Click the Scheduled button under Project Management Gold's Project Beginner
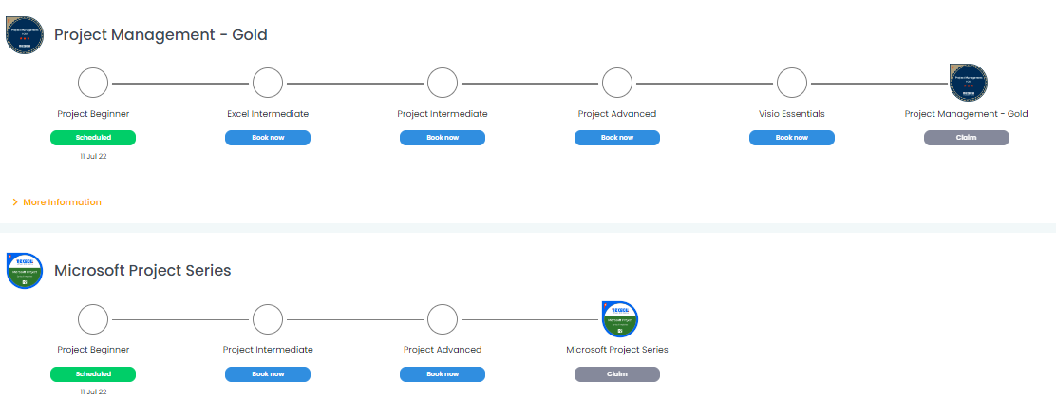pyautogui.click(x=93, y=138)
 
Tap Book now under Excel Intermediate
pyautogui.click(x=268, y=138)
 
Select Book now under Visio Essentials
pyautogui.click(x=792, y=138)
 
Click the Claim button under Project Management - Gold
pyautogui.click(x=967, y=138)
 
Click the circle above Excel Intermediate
pyautogui.click(x=268, y=83)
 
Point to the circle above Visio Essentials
pyautogui.click(x=792, y=83)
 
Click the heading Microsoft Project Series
pyautogui.click(x=142, y=271)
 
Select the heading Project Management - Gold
pyautogui.click(x=160, y=35)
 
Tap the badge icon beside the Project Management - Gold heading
pyautogui.click(x=25, y=35)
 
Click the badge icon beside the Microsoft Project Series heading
pyautogui.click(x=25, y=271)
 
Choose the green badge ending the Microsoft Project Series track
pyautogui.click(x=619, y=318)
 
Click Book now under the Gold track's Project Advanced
pyautogui.click(x=617, y=138)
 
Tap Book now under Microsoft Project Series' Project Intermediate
pyautogui.click(x=268, y=373)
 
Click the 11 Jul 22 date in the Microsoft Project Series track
pyautogui.click(x=93, y=392)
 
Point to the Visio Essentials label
pyautogui.click(x=792, y=114)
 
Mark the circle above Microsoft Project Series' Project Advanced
pyautogui.click(x=443, y=318)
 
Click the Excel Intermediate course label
pyautogui.click(x=268, y=114)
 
